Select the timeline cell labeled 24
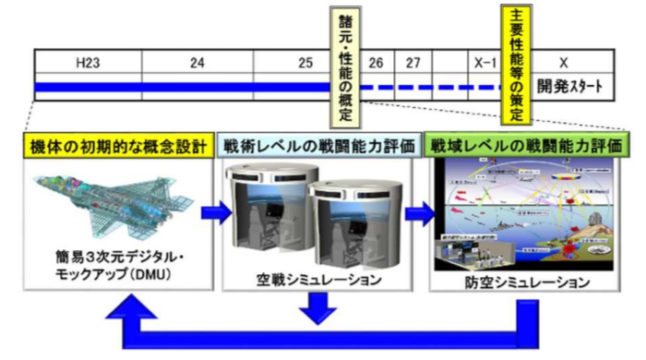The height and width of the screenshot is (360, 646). [197, 63]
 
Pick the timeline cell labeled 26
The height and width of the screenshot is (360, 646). [375, 63]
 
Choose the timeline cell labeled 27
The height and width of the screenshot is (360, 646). [413, 63]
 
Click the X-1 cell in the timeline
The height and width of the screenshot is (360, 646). [480, 63]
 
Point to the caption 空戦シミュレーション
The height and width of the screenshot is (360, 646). [317, 278]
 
